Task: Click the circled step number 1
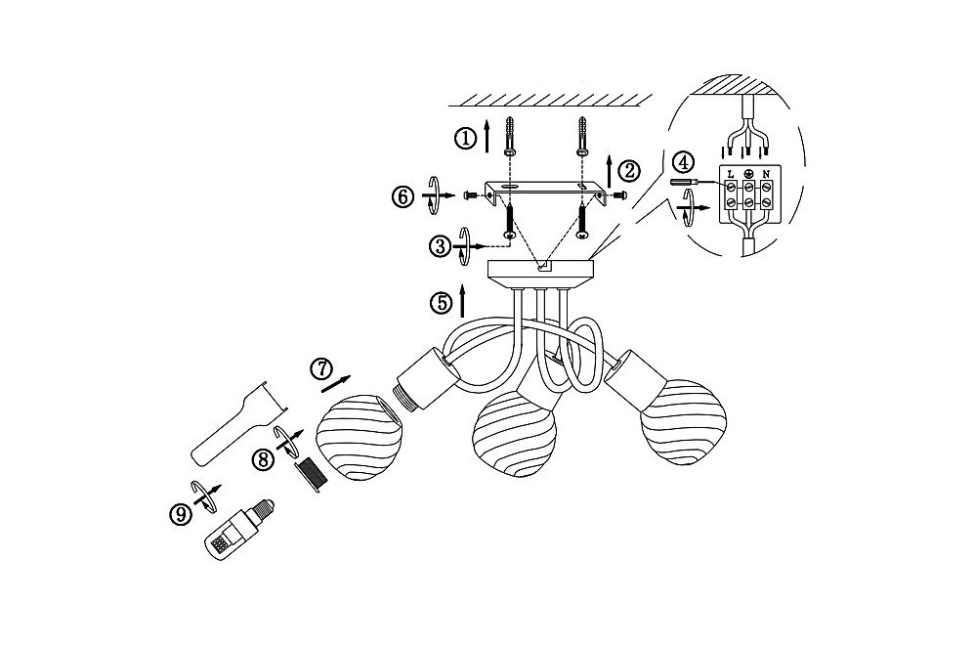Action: tap(465, 138)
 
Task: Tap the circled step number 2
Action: tap(629, 170)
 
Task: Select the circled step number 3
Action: tap(440, 246)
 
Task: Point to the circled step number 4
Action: tap(683, 163)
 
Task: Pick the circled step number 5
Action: tap(441, 303)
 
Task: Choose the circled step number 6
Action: tap(402, 197)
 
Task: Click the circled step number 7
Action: tap(321, 368)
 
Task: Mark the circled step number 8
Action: tap(262, 460)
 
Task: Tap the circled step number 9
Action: tap(180, 514)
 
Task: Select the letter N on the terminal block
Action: tap(767, 174)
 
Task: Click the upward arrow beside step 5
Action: tap(462, 301)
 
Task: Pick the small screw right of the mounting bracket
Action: tap(618, 195)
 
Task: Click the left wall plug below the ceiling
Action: tap(509, 136)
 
